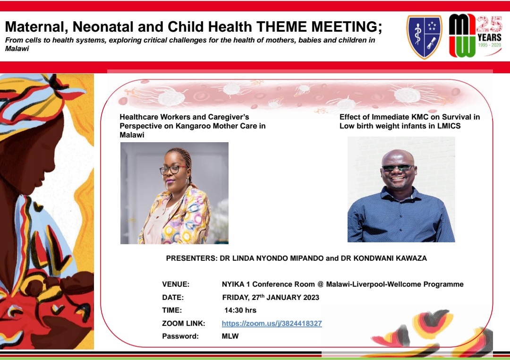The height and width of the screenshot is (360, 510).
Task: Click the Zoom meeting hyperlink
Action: pyautogui.click(x=272, y=324)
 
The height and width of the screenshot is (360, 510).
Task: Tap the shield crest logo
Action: pyautogui.click(x=424, y=37)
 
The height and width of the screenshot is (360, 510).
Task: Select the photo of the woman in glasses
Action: pyautogui.click(x=174, y=193)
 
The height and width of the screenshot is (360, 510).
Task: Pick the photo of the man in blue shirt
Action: pyautogui.click(x=401, y=189)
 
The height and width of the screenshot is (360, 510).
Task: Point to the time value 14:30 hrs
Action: pyautogui.click(x=240, y=310)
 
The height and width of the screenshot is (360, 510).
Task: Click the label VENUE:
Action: pyautogui.click(x=176, y=284)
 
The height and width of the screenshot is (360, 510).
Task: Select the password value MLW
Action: pyautogui.click(x=230, y=336)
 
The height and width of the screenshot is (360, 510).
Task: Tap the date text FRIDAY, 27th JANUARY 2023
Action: pyautogui.click(x=271, y=298)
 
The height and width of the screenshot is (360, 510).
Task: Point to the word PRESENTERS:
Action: pyautogui.click(x=191, y=258)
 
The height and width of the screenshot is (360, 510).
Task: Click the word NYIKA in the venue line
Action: pyautogui.click(x=233, y=284)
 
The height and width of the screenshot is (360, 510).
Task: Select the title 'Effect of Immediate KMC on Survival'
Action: pyautogui.click(x=409, y=117)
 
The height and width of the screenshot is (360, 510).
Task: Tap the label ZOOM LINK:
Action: pyautogui.click(x=184, y=324)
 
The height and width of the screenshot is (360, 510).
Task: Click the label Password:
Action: pyautogui.click(x=180, y=336)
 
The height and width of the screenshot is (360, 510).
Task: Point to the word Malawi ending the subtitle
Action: pyautogui.click(x=17, y=49)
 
